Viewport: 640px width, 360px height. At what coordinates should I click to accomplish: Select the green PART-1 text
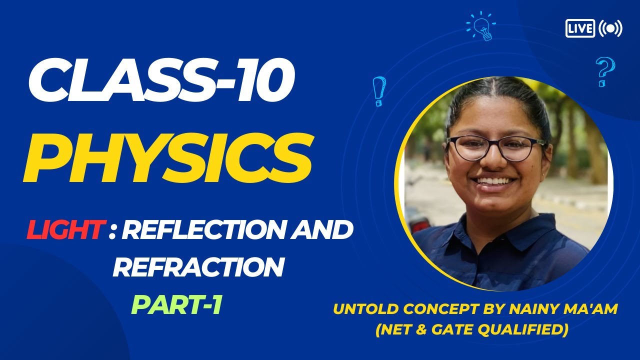click(176, 305)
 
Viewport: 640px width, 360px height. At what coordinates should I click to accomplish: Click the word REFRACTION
click(198, 267)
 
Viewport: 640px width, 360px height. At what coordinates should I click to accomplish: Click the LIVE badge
click(580, 28)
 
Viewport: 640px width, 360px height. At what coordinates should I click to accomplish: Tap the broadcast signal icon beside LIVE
click(610, 28)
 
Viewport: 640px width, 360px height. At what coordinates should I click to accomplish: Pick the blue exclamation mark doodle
click(378, 91)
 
